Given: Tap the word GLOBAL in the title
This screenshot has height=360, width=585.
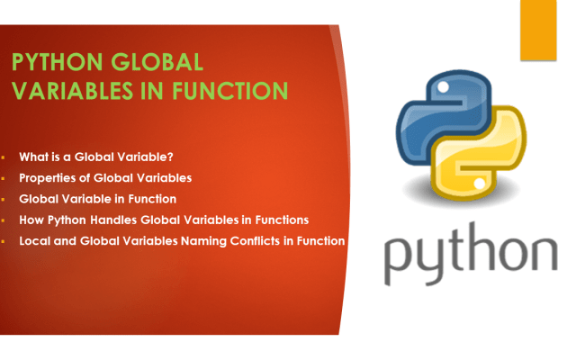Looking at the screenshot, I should (155, 62).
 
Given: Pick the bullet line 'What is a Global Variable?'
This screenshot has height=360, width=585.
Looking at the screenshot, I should (91, 156).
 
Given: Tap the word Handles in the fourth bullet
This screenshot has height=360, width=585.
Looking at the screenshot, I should (137, 219).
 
